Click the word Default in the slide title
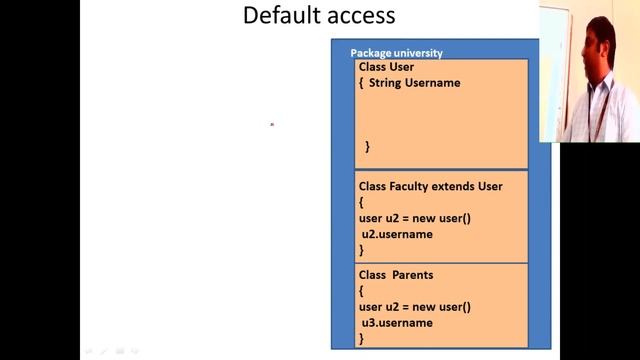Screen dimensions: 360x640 pos(281,15)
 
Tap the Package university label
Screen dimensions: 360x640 pos(396,53)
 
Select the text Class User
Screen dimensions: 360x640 pos(386,67)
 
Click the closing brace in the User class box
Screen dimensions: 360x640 pos(367,147)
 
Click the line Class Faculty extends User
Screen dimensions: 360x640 pos(430,186)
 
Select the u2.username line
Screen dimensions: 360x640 pos(397,234)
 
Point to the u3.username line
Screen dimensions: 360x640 pos(397,323)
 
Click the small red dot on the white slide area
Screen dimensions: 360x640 pos(272,125)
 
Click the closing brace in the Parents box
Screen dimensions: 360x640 pos(361,340)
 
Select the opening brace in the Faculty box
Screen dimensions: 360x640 pos(361,202)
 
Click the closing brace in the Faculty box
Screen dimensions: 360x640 pos(361,250)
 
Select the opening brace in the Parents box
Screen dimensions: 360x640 pos(361,290)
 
